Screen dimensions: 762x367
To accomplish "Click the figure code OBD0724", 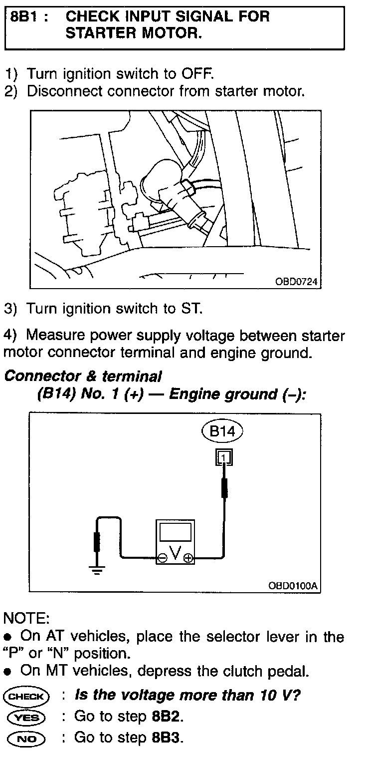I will [297, 282].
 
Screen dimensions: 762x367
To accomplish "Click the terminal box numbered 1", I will [224, 456].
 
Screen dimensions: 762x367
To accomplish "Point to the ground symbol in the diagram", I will [98, 570].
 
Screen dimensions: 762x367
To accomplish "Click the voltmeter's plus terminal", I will [188, 559].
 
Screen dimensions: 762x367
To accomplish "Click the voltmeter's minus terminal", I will [163, 559].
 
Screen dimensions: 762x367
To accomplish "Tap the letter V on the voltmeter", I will [175, 553].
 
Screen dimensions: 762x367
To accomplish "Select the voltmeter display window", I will [175, 532].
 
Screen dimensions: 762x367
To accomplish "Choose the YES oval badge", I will [26, 717].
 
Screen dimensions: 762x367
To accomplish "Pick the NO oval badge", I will [26, 738].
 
